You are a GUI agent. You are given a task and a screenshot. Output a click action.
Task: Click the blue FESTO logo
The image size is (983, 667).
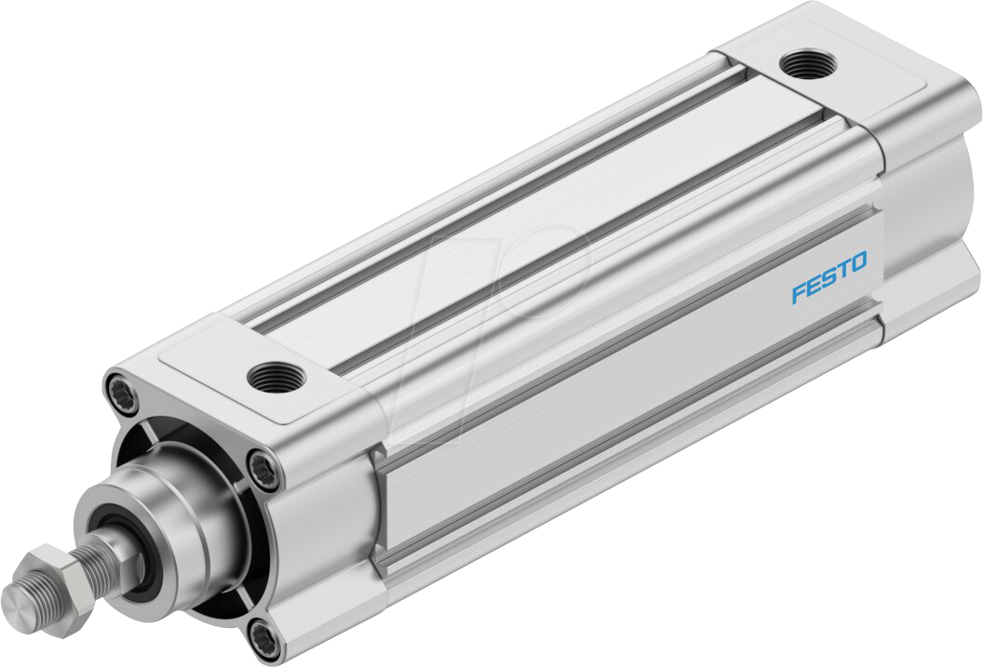click(828, 277)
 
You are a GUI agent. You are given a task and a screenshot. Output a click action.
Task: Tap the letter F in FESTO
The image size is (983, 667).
click(798, 294)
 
